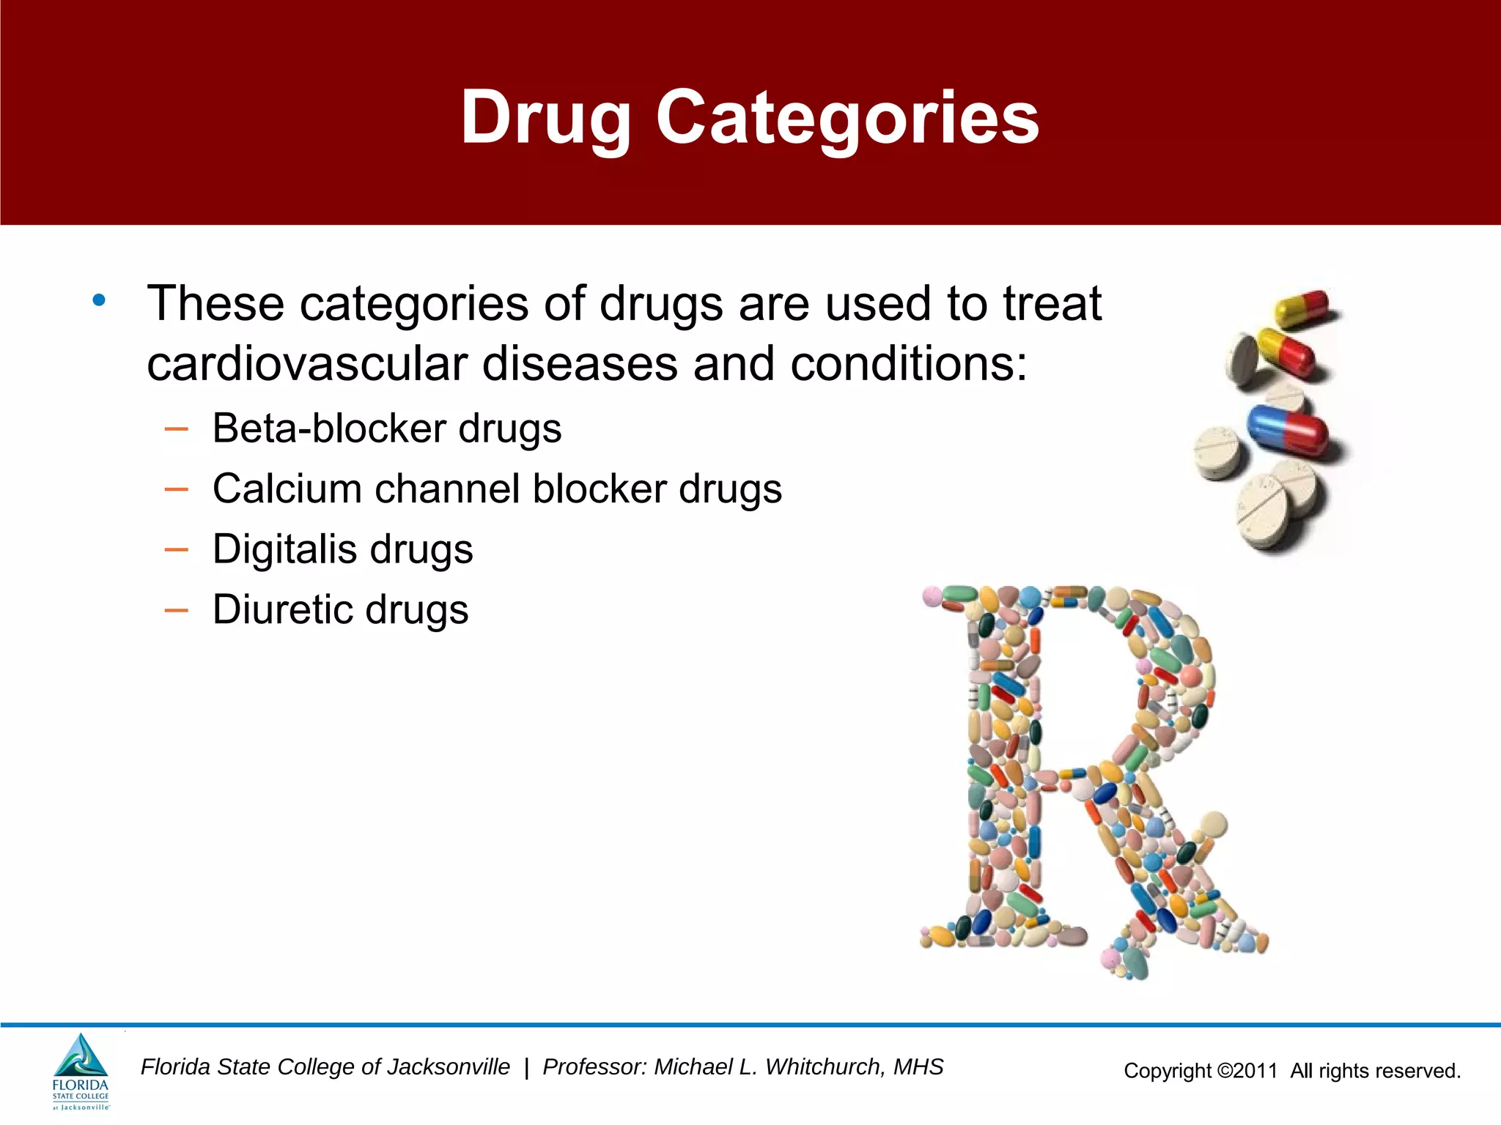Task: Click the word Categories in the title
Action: (x=847, y=117)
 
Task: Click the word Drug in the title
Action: (x=546, y=117)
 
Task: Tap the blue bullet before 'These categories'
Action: (x=99, y=300)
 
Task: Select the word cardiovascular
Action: (x=307, y=364)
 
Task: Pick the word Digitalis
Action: (x=284, y=549)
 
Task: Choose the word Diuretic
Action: (x=281, y=609)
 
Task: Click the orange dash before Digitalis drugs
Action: (x=177, y=549)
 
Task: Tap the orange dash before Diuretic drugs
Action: (x=177, y=610)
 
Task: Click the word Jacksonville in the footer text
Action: (x=448, y=1067)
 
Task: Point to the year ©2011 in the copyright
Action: (x=1247, y=1071)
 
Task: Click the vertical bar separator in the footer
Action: (x=526, y=1068)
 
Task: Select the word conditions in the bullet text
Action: (x=909, y=364)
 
